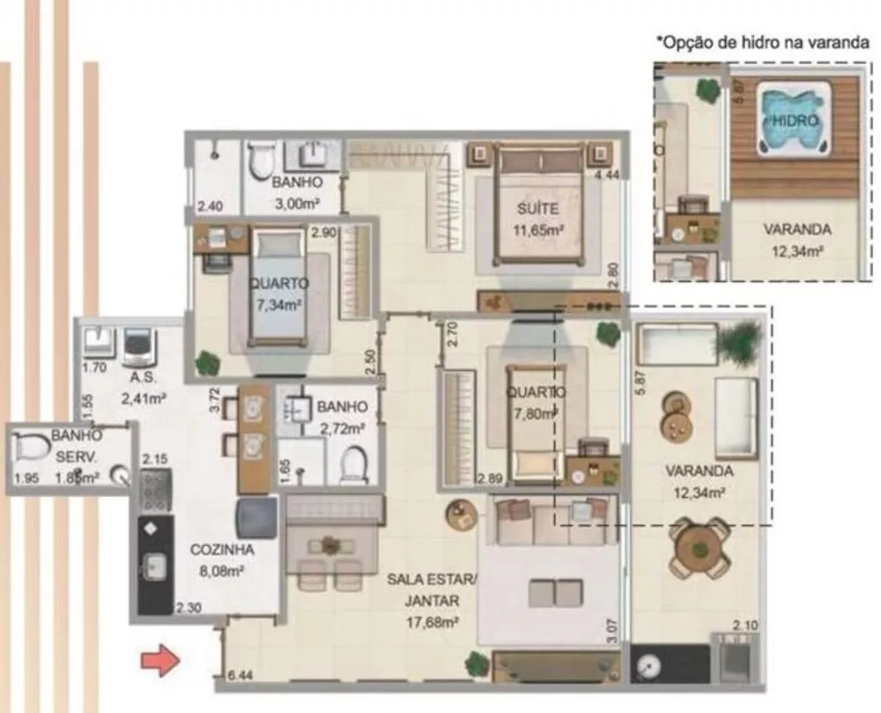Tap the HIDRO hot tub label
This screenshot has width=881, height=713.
point(796,120)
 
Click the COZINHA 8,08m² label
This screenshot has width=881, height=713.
point(222,558)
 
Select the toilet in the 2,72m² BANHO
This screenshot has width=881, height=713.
point(353,463)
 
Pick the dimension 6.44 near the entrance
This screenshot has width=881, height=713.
point(240,675)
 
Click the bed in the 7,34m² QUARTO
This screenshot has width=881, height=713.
point(277,286)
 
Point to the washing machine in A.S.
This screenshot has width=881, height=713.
point(137,347)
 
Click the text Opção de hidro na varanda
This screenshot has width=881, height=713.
point(763,41)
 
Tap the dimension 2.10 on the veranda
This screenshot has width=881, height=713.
point(745,626)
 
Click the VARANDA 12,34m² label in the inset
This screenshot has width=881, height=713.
point(796,238)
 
